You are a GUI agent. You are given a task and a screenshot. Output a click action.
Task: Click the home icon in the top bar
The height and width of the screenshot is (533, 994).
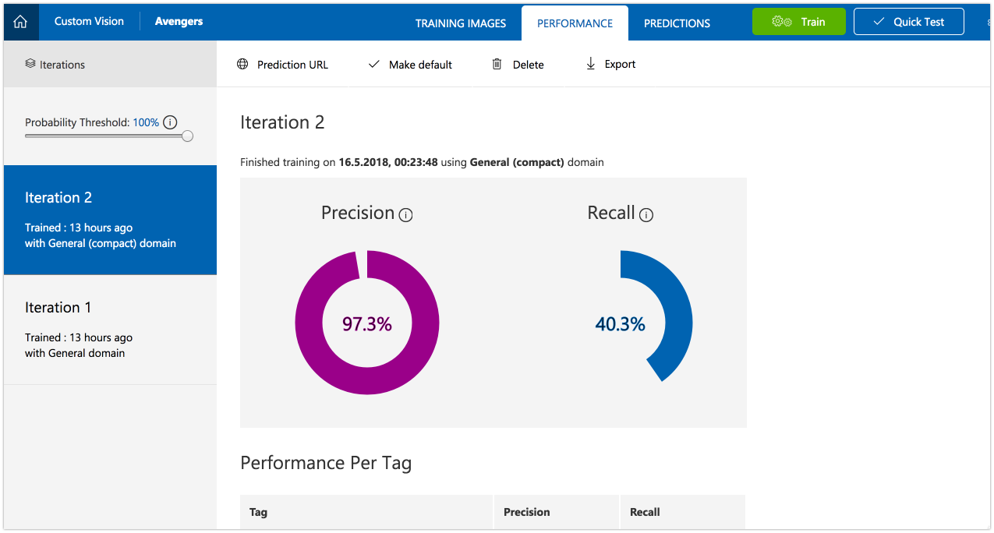(20, 22)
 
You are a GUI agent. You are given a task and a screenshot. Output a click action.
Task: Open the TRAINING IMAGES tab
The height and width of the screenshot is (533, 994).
(460, 23)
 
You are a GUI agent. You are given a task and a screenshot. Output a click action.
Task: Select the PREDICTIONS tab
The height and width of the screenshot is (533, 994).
(677, 23)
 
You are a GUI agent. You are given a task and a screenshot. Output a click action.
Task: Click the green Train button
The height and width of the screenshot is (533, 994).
(798, 22)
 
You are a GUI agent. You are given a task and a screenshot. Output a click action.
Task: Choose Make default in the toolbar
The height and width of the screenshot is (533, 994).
(410, 65)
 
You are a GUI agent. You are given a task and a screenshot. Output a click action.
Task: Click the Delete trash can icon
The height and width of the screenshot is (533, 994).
(497, 65)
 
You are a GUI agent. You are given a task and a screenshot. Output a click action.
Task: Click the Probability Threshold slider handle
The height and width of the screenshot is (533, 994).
(187, 136)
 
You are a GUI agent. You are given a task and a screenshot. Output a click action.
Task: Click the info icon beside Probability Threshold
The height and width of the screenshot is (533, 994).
(170, 122)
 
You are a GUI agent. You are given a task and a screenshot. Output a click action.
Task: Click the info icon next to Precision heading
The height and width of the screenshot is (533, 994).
(405, 215)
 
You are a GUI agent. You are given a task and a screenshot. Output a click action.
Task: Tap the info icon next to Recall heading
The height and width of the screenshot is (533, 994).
(646, 215)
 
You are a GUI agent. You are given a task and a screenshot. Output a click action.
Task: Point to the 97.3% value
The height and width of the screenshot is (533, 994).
(367, 324)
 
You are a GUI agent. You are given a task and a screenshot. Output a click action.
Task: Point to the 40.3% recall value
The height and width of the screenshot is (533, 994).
(620, 324)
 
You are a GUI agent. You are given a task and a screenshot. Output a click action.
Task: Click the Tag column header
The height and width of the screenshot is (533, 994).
(258, 512)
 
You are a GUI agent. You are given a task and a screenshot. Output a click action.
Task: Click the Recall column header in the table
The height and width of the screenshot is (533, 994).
(645, 512)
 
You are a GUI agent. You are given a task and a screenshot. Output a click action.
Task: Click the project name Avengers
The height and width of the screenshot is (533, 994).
(179, 21)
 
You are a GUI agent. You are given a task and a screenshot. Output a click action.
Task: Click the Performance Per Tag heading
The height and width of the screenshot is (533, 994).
(326, 463)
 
